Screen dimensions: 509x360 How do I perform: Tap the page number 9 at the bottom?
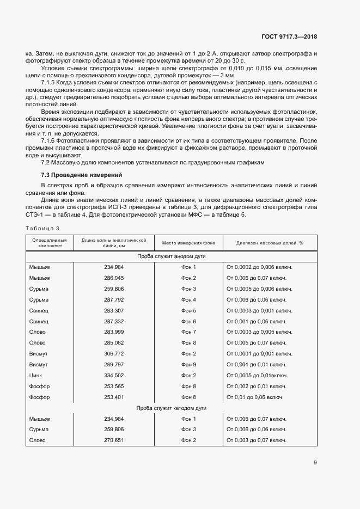[x=315, y=463]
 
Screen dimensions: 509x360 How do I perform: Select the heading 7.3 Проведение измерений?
[x=82, y=175]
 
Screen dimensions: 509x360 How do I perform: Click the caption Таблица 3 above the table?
[x=42, y=228]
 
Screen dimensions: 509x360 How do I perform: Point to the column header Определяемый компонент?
[x=50, y=242]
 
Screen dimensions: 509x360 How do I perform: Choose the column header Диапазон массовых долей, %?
[x=270, y=242]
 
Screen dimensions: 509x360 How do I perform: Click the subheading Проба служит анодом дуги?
[x=171, y=256]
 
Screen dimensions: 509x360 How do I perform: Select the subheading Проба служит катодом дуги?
[x=171, y=408]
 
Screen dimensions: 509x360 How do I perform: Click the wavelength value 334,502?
[x=113, y=375]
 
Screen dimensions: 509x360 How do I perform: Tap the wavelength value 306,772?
[x=113, y=353]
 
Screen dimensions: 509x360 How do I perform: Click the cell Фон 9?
[x=188, y=364]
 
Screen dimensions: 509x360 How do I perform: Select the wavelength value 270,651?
[x=113, y=440]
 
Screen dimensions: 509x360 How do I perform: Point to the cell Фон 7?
[x=188, y=332]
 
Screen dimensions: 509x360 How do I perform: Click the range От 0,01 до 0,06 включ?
[x=255, y=397]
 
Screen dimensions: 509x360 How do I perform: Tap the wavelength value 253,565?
[x=113, y=386]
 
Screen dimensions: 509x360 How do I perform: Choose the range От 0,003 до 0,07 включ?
[x=256, y=440]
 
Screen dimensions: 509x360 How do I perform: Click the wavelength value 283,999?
[x=113, y=332]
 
